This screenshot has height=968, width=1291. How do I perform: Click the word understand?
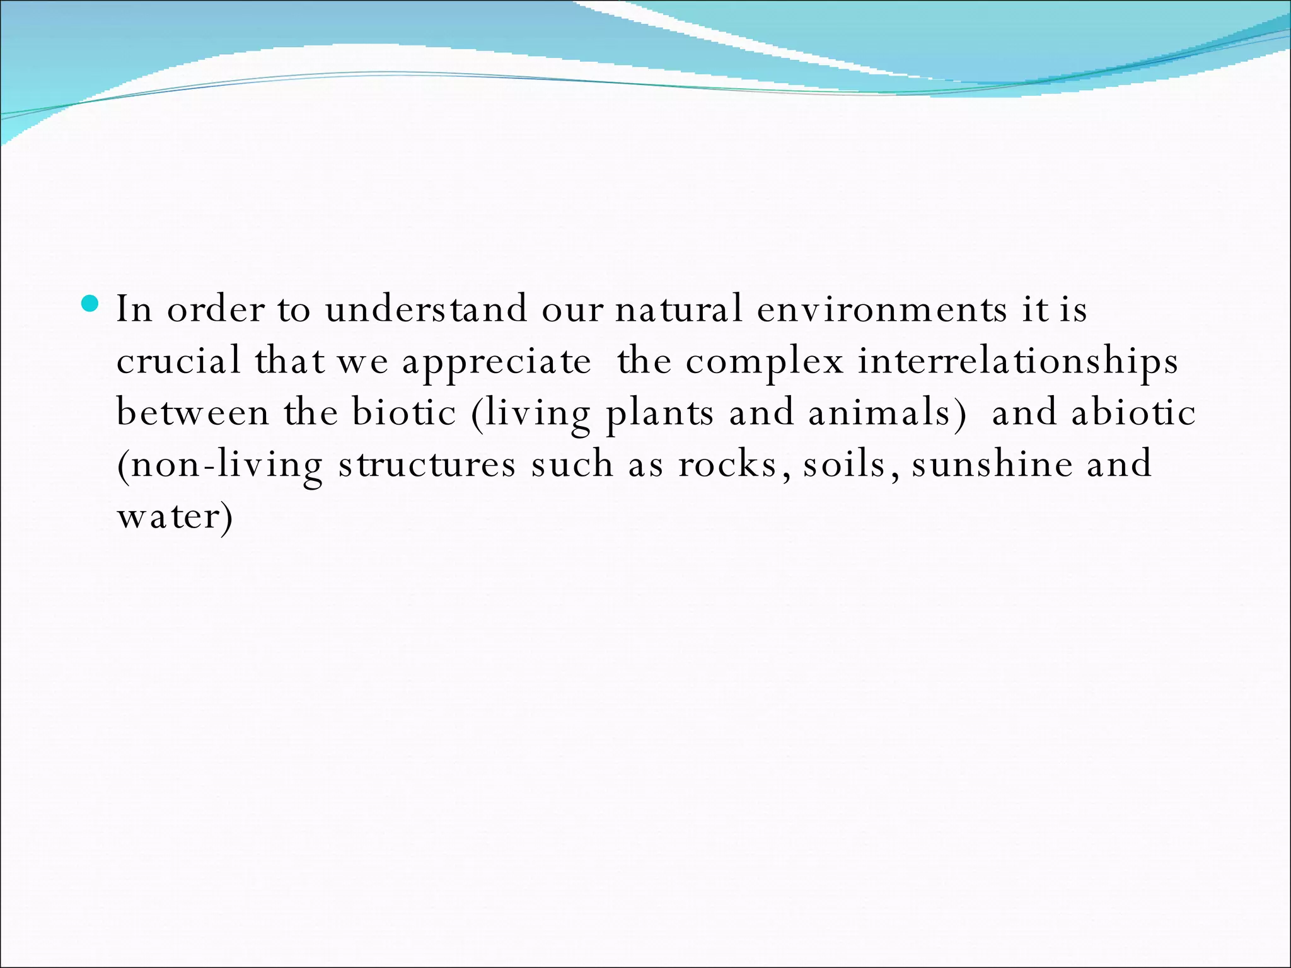pyautogui.click(x=426, y=309)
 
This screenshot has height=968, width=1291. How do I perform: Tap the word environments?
pyautogui.click(x=882, y=309)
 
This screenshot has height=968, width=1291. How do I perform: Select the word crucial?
pyautogui.click(x=178, y=361)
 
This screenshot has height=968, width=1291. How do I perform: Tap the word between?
pyautogui.click(x=193, y=413)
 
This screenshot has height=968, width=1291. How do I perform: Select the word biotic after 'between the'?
pyautogui.click(x=404, y=413)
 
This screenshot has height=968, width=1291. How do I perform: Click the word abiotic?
pyautogui.click(x=1133, y=413)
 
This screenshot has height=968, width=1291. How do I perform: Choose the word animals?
pyautogui.click(x=887, y=413)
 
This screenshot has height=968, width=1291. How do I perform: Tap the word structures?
pyautogui.click(x=427, y=466)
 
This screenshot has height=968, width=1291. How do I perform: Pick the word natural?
pyautogui.click(x=678, y=309)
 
